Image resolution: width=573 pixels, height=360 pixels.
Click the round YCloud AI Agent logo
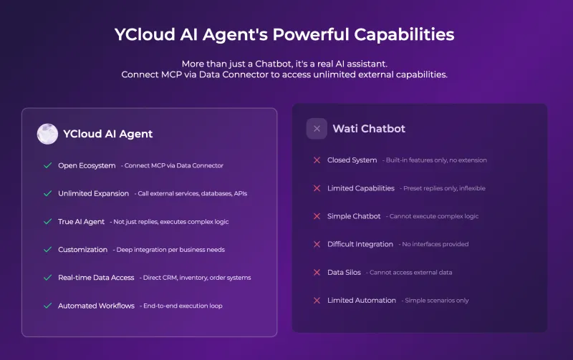pos(47,134)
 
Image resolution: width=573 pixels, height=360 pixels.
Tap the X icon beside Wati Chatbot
pos(317,129)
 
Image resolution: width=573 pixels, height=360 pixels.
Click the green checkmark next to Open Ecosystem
pos(47,165)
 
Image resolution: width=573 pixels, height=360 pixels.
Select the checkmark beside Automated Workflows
pos(47,306)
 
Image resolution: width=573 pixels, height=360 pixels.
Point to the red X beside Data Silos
pos(317,273)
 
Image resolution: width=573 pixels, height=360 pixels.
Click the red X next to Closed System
pos(317,160)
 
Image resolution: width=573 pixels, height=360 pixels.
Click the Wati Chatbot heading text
pos(369,129)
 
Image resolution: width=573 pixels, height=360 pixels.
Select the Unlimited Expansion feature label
pos(94,193)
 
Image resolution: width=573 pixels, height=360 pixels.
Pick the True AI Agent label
pos(81,222)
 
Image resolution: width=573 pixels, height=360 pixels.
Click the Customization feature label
pos(82,250)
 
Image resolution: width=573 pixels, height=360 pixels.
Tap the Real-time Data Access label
pos(96,278)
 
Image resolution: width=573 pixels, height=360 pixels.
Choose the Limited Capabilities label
pos(361,188)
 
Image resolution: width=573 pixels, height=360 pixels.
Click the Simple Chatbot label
pos(354,216)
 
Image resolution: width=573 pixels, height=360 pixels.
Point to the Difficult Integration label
pos(360,244)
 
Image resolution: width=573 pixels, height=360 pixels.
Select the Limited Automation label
pos(362,301)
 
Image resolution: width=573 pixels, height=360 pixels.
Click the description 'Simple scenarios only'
pos(437,301)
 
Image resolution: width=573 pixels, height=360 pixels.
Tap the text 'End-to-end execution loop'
pos(183,306)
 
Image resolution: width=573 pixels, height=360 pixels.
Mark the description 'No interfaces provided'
pos(435,244)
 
